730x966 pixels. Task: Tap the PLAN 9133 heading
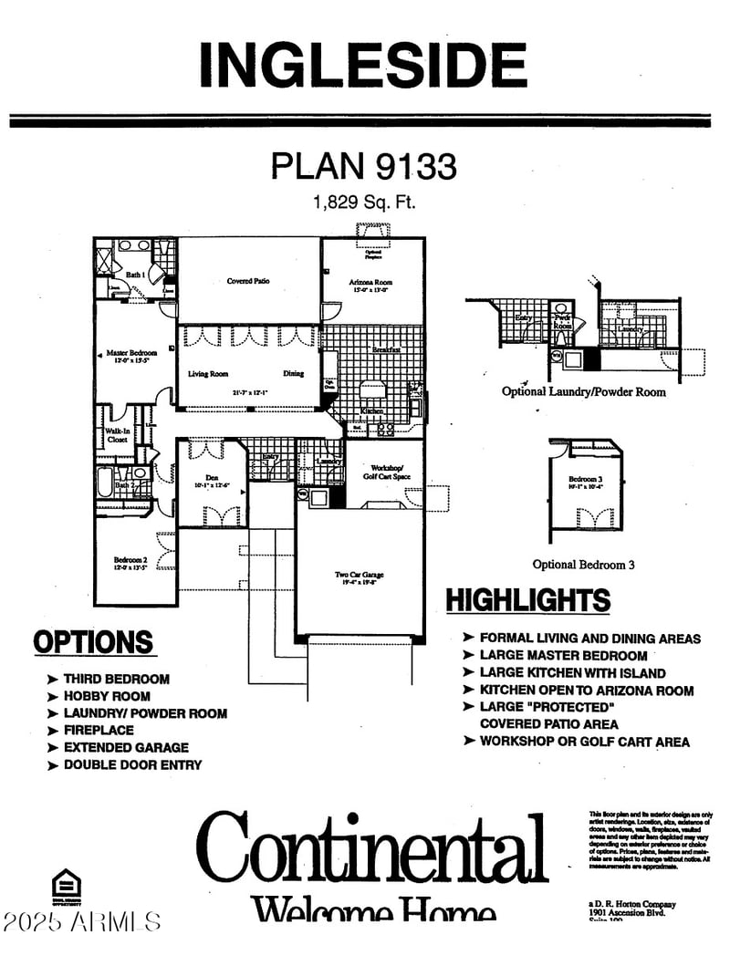click(363, 166)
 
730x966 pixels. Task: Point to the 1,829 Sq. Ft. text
click(363, 203)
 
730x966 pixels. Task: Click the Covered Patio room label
click(248, 281)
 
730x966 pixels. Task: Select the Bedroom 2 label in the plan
click(129, 563)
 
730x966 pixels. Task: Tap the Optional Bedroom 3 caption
click(584, 565)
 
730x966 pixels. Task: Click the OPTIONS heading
click(93, 642)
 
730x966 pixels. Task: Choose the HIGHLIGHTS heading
click(527, 600)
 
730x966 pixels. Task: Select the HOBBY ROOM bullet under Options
click(106, 696)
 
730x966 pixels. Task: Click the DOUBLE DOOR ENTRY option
click(131, 764)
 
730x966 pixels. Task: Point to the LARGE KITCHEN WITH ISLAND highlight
click(572, 673)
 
